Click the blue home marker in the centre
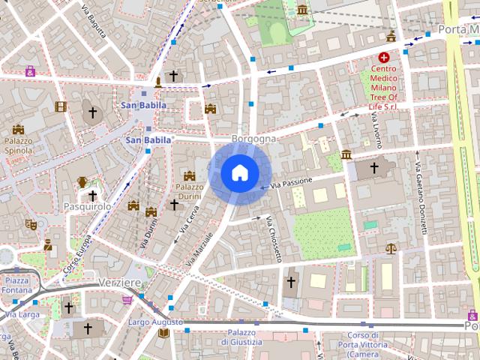(238, 173)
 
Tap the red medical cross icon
(385, 57)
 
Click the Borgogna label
(253, 139)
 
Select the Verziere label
(119, 282)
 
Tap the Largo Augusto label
(155, 322)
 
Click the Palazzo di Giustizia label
(241, 337)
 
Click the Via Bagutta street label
(93, 30)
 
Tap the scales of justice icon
(390, 248)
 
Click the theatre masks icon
(31, 223)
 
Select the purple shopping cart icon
(127, 300)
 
